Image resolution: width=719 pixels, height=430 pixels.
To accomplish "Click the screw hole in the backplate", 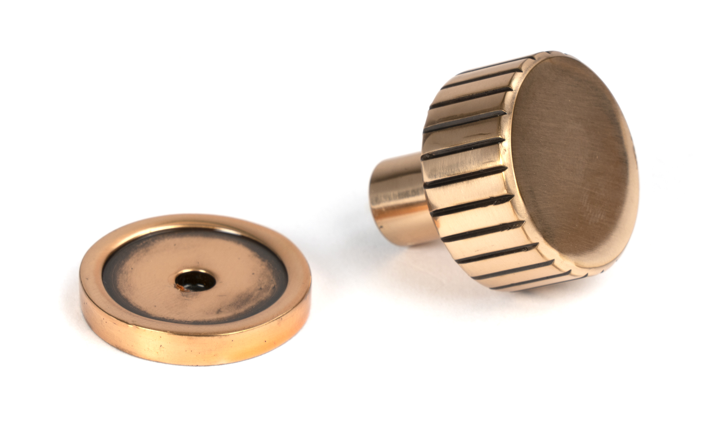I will click(195, 280).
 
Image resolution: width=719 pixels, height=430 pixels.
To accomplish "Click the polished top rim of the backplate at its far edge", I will click(194, 220).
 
